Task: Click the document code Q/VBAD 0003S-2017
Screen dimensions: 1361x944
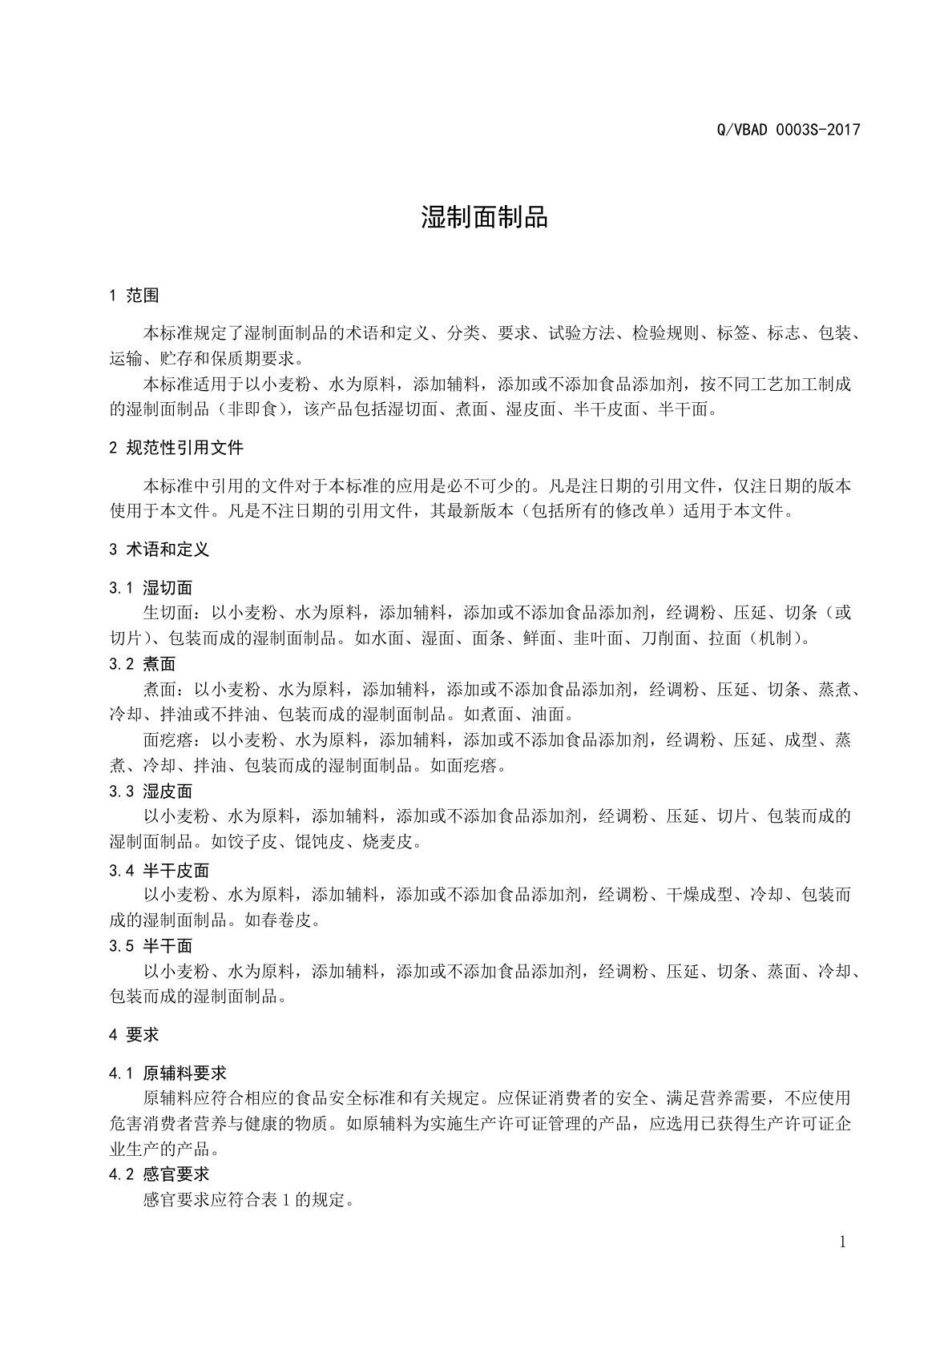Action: point(788,130)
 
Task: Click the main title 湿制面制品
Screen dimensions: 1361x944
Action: point(484,216)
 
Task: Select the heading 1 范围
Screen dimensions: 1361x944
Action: point(134,296)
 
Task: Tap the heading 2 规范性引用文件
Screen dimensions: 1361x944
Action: point(175,447)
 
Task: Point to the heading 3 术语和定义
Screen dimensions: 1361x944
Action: point(159,550)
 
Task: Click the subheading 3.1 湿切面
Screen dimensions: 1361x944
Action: point(151,588)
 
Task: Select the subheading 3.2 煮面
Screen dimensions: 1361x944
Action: point(143,664)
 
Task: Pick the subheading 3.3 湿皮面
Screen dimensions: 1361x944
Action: point(151,791)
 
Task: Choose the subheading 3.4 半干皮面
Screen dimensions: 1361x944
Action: point(159,871)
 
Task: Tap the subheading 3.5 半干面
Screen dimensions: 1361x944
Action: point(151,946)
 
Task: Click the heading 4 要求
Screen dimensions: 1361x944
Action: point(134,1035)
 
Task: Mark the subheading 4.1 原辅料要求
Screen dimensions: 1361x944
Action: point(167,1073)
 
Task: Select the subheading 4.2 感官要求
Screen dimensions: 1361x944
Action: point(159,1174)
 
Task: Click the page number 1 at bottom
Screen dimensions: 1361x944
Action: point(842,1242)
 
